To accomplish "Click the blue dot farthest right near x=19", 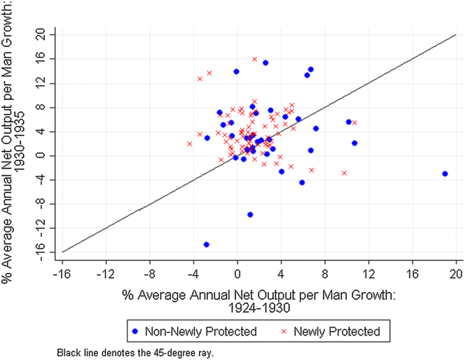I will tap(445, 174).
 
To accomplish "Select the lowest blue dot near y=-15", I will tap(206, 245).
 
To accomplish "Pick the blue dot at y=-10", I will tap(250, 215).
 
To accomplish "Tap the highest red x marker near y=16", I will tap(255, 59).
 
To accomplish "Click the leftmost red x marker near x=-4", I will tap(189, 143).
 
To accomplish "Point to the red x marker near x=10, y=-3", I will tap(344, 173).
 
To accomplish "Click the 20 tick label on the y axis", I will tap(43, 35).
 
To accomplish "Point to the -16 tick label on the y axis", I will tap(43, 253).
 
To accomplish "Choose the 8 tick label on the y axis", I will tap(43, 107).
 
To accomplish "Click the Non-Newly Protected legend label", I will tap(215, 331).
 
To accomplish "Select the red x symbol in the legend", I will tap(284, 331).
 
